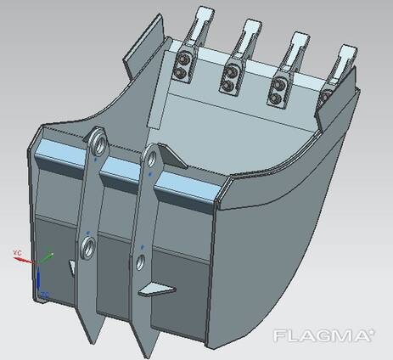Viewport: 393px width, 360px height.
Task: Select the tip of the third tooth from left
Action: (x=300, y=36)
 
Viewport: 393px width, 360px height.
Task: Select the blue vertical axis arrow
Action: (x=38, y=278)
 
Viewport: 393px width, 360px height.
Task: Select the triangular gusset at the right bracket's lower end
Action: (x=155, y=290)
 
